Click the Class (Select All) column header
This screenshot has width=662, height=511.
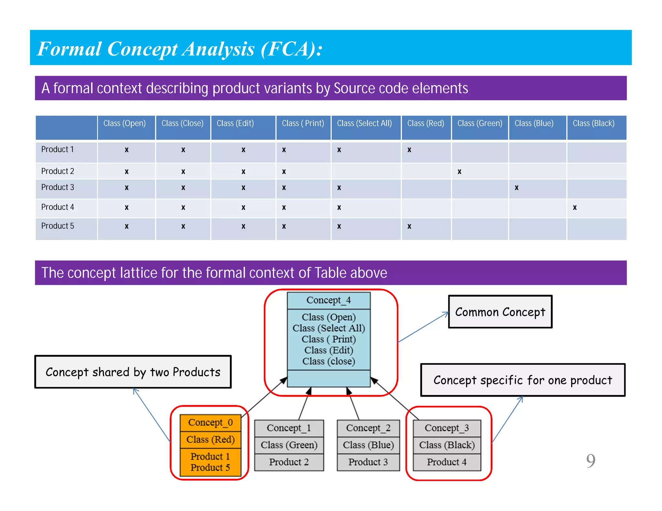[x=364, y=123]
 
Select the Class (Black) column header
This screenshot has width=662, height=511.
[x=593, y=123]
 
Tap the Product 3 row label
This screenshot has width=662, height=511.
[x=58, y=187]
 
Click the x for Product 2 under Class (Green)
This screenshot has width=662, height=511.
[x=459, y=172]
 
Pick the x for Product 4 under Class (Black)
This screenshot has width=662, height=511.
[x=575, y=207]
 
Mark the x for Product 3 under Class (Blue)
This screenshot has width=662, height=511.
[x=517, y=188]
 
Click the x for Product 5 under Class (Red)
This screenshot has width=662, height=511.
[x=409, y=226]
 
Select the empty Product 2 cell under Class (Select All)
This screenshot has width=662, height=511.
[x=366, y=171]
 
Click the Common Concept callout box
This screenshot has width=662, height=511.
[x=500, y=312]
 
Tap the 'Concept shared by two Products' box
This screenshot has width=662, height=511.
[x=133, y=372]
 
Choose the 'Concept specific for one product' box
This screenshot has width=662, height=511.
[x=523, y=380]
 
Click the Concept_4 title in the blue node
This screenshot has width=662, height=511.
[x=328, y=300]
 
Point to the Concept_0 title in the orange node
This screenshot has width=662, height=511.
[x=210, y=422]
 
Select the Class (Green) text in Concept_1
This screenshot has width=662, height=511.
[x=289, y=445]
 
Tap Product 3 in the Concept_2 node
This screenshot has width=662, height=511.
[x=368, y=462]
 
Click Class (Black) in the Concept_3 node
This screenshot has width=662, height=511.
[x=447, y=445]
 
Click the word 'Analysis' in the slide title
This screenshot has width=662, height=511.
[x=218, y=49]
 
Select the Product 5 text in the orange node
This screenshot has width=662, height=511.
[x=210, y=467]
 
